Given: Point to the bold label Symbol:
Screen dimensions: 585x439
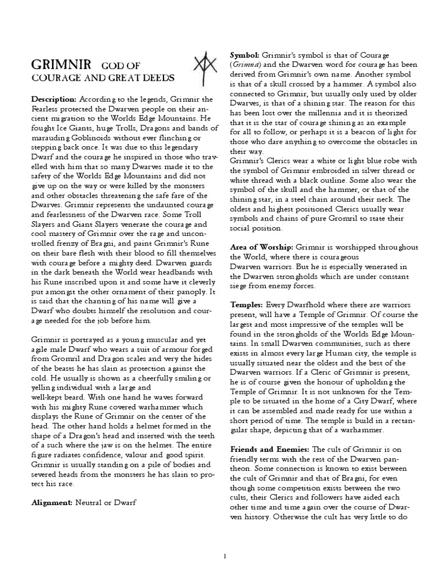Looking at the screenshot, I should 245,54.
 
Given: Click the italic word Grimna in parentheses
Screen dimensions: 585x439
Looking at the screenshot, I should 244,63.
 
